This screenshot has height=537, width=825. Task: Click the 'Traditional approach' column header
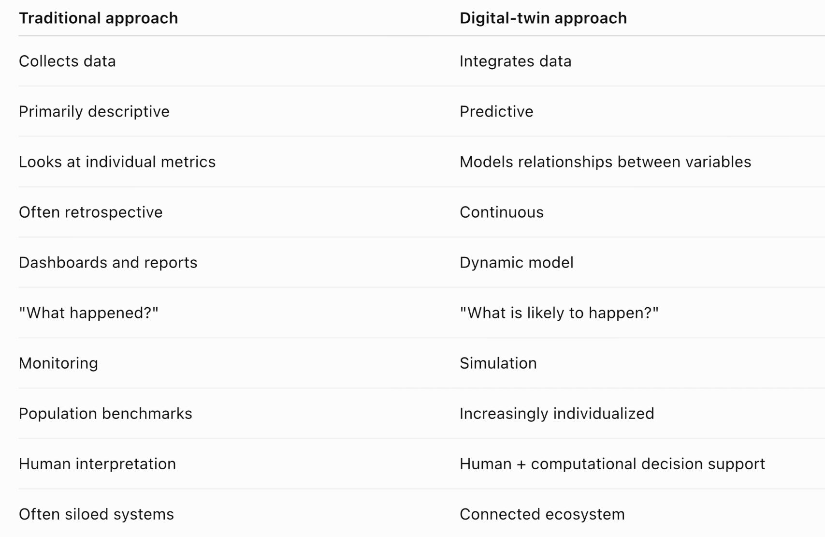[x=98, y=18]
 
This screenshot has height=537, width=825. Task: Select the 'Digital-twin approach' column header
[x=543, y=18]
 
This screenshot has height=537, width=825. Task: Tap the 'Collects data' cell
[x=67, y=61]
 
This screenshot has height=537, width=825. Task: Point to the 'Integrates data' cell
[x=516, y=61]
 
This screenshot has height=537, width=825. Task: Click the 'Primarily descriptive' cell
[x=94, y=112]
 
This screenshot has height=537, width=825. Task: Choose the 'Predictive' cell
[x=496, y=112]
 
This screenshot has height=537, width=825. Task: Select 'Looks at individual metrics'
[x=117, y=162]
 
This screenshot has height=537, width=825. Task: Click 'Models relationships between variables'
[x=606, y=162]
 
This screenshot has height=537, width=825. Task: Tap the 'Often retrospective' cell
[x=90, y=212]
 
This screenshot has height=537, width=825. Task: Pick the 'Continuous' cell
[x=502, y=212]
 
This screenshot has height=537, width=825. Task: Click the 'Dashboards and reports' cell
[x=108, y=263]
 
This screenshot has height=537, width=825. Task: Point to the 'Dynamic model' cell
[x=517, y=263]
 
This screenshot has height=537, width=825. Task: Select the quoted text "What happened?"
[x=89, y=313]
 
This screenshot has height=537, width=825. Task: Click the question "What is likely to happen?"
[x=559, y=313]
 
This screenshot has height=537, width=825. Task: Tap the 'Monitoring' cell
[x=58, y=363]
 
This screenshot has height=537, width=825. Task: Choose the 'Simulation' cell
[x=498, y=363]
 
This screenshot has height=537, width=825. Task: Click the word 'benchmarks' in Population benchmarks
[x=147, y=414]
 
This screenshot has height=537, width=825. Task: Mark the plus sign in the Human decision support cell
[x=521, y=464]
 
